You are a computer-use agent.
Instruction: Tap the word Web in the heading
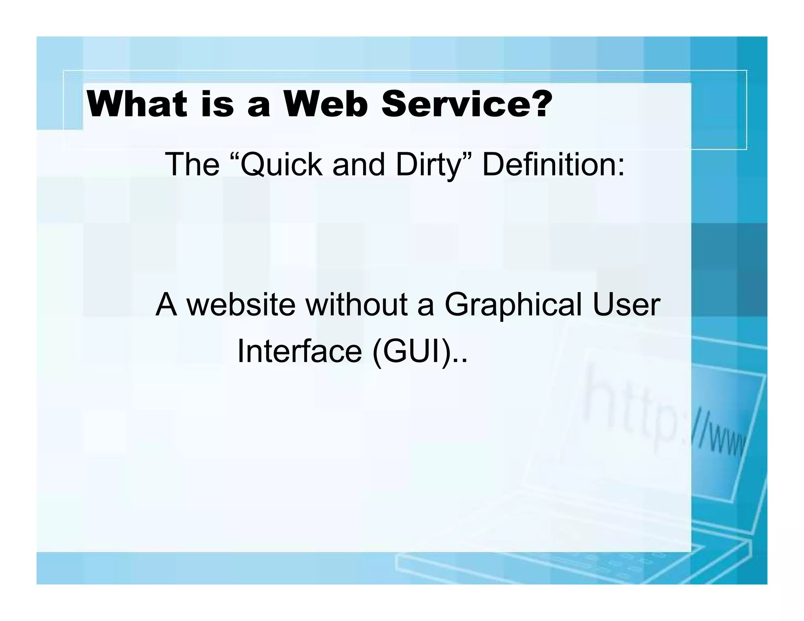(x=325, y=104)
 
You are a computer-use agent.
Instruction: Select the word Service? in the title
(x=467, y=104)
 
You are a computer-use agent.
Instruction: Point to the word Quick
(x=281, y=165)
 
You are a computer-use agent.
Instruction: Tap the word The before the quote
(x=192, y=164)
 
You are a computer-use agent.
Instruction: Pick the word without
(x=356, y=305)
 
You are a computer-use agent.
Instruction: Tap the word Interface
(x=300, y=351)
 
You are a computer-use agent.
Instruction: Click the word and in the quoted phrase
(x=358, y=165)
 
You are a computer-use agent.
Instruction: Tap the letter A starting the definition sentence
(x=166, y=305)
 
